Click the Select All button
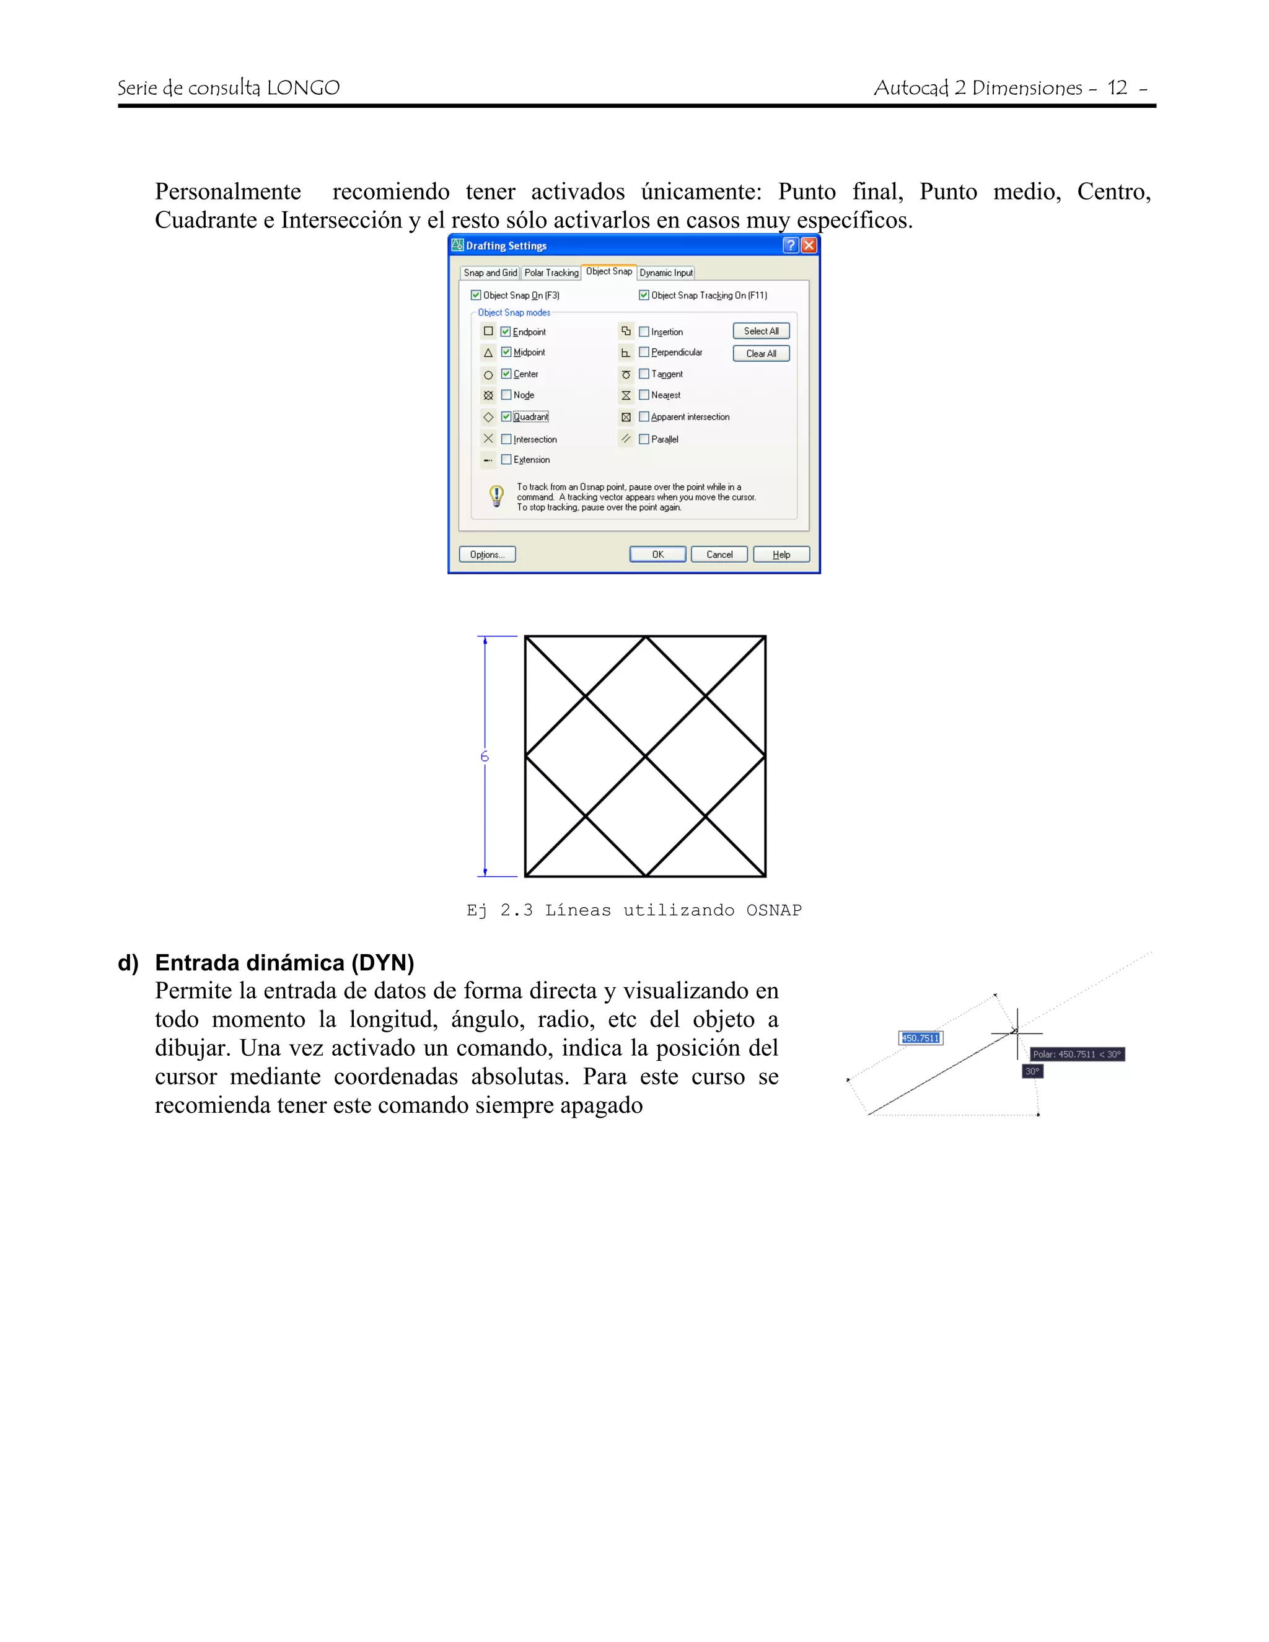761,331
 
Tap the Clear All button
761,353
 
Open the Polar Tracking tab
551,273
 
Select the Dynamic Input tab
665,273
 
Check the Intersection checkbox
506,439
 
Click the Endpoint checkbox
506,331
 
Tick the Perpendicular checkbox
644,352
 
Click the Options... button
487,554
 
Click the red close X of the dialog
809,245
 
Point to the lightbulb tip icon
496,496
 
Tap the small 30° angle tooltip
1032,1071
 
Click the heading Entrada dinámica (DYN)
284,962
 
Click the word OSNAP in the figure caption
773,910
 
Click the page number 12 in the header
1117,88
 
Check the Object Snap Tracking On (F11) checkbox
644,296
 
